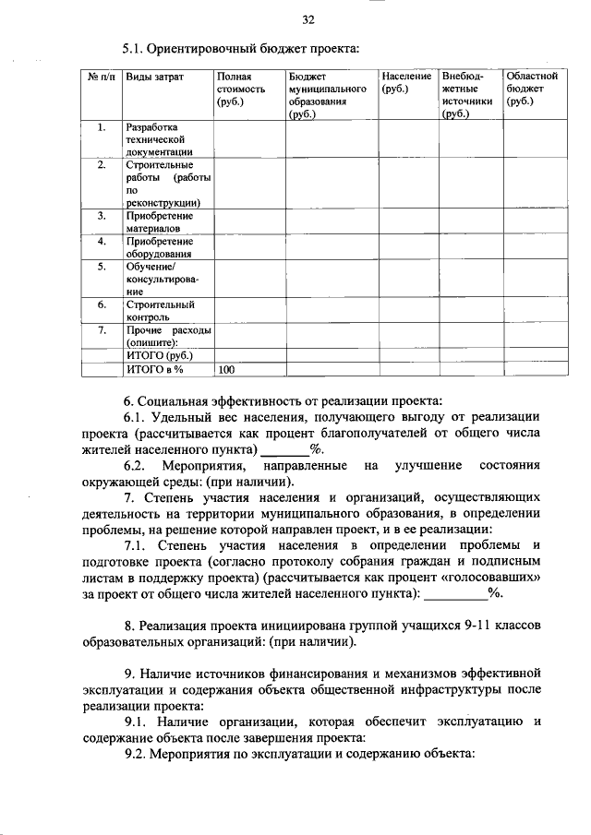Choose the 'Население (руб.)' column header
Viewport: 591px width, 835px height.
406,82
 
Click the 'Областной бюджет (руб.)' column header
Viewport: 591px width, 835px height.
531,89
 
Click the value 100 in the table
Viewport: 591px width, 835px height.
227,370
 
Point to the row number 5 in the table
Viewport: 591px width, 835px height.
103,268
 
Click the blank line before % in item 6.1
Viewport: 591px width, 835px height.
285,450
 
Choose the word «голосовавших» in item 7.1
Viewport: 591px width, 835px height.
494,577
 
